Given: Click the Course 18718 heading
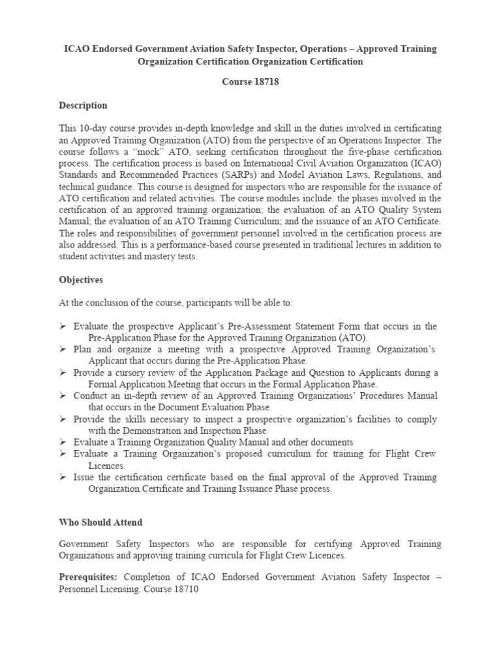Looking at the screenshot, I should point(250,83).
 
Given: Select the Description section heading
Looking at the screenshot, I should point(83,105).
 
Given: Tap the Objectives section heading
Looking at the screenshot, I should point(81,279).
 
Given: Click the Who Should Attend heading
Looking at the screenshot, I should point(100,522).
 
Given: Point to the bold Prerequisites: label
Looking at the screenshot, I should point(88,578).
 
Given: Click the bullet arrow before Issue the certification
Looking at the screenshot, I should point(63,477).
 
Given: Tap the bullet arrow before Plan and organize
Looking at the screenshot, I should point(63,350).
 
